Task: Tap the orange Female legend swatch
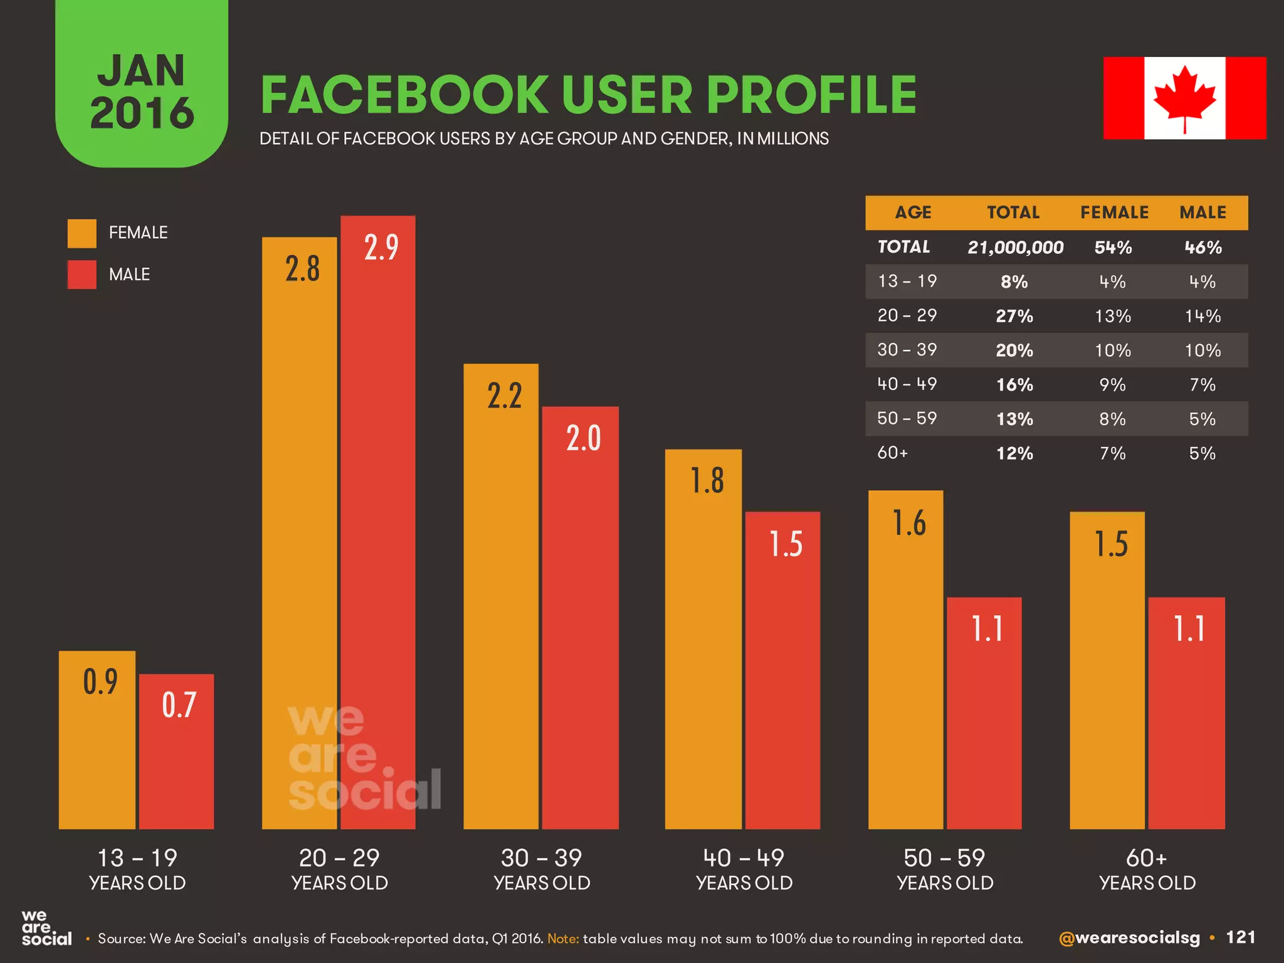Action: click(82, 233)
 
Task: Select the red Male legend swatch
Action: click(82, 275)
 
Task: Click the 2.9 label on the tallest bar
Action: click(381, 247)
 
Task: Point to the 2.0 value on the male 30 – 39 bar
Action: click(583, 438)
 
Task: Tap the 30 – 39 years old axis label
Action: click(542, 869)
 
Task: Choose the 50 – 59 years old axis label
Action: click(945, 869)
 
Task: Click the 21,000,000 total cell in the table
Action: click(1015, 248)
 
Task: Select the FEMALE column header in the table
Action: click(1114, 213)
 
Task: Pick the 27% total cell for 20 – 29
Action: click(1014, 316)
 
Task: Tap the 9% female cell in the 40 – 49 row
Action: click(1113, 384)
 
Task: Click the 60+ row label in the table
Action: click(892, 453)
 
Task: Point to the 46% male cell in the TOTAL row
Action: click(1202, 248)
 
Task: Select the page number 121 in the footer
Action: click(1240, 937)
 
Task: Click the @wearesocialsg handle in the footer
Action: click(1129, 938)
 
